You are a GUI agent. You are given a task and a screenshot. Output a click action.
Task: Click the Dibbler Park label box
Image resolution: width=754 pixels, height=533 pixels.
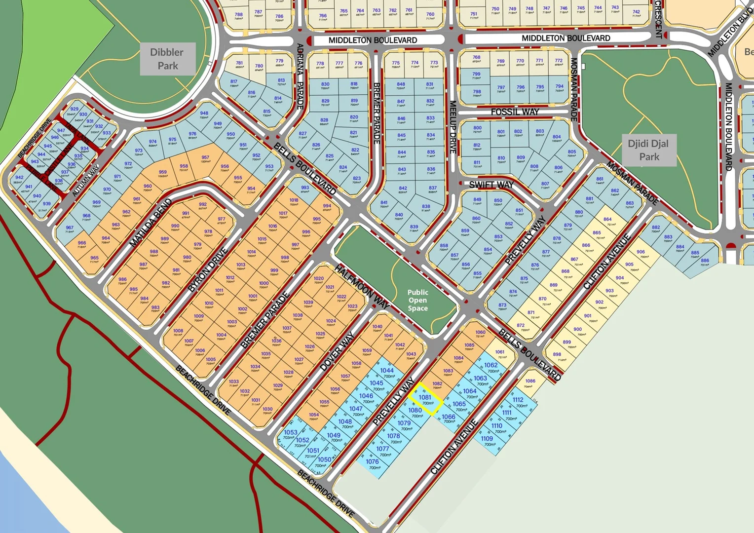[167, 59]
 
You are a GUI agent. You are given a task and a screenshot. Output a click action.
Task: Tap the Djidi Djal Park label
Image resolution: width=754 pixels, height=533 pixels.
[648, 150]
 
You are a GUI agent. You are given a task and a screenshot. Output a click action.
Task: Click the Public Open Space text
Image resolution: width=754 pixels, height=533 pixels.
[417, 300]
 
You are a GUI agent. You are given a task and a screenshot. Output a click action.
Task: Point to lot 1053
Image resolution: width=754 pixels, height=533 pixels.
[290, 434]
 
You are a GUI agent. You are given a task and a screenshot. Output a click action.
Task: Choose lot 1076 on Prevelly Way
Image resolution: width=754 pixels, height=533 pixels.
[373, 464]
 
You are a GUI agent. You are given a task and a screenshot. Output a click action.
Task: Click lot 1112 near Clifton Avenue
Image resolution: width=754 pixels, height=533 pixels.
[519, 402]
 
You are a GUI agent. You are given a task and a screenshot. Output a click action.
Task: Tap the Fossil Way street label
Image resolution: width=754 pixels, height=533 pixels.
[515, 112]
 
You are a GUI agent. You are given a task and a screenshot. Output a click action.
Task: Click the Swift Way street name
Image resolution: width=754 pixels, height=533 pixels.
[491, 185]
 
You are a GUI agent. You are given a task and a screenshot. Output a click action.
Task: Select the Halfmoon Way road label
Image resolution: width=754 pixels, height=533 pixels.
[362, 287]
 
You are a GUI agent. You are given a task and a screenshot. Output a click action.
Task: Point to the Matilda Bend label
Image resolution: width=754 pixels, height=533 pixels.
[151, 223]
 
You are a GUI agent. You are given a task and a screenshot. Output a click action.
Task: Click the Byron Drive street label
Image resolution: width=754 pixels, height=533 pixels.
[208, 269]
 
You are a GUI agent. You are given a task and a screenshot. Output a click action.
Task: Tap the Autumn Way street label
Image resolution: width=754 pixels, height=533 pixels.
[86, 181]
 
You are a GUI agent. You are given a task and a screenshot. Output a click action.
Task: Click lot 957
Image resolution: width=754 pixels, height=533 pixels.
[205, 159]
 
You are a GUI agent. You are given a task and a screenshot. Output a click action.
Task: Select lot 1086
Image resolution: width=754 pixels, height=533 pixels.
[530, 382]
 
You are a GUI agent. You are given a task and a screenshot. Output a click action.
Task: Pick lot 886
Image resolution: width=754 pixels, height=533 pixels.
[705, 262]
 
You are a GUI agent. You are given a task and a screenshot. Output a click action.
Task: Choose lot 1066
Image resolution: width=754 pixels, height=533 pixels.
[449, 419]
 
